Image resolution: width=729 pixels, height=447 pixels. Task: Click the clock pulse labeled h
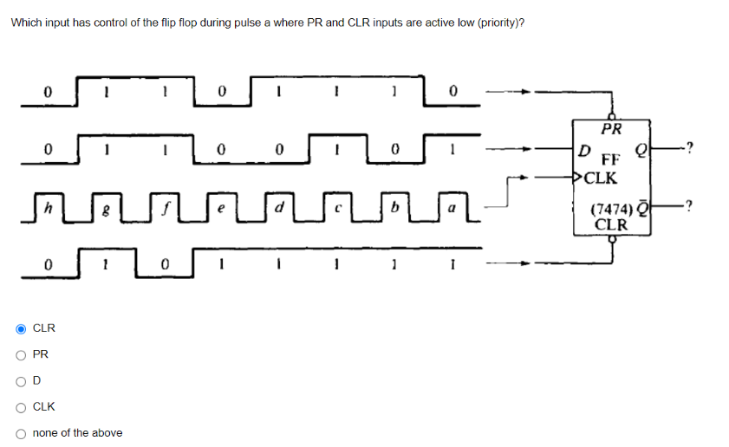coord(51,208)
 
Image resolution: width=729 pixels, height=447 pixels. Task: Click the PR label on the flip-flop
coord(612,131)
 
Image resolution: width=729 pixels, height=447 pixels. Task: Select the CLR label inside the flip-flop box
coord(611,224)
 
